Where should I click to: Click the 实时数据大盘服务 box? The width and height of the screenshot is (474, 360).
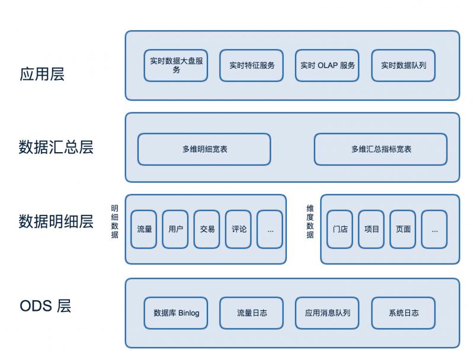pos(176,65)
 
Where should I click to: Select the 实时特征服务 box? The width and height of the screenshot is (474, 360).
pos(252,65)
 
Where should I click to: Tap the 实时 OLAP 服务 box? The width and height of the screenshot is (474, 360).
pos(328,65)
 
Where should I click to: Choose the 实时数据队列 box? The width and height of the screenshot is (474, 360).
pos(403,65)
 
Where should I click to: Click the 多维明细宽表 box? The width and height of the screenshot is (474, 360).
pos(204,149)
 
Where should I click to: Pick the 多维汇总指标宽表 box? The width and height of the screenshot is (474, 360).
pos(380,149)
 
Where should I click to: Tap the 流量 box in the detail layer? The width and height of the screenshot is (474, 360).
pos(144,229)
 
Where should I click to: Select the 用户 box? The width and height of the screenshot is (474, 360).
pos(175,229)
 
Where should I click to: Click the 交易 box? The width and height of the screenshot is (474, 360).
pos(207,229)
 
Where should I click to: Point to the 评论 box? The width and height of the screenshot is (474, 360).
pos(239,229)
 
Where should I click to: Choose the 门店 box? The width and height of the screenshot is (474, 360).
pos(340,229)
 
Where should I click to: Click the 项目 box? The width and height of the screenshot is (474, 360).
pos(371,229)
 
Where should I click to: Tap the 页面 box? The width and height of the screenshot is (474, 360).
pos(403,229)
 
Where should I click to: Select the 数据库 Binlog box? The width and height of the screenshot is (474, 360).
pos(176,313)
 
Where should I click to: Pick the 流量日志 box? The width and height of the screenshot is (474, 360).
pos(252,313)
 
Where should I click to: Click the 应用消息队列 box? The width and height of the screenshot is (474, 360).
pos(328,313)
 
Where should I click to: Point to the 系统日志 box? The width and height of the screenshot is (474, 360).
pos(403,313)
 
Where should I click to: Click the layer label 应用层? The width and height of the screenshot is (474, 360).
pos(42,75)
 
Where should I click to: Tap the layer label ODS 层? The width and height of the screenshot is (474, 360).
pos(46,306)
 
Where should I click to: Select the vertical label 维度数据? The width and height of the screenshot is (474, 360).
pos(310,222)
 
